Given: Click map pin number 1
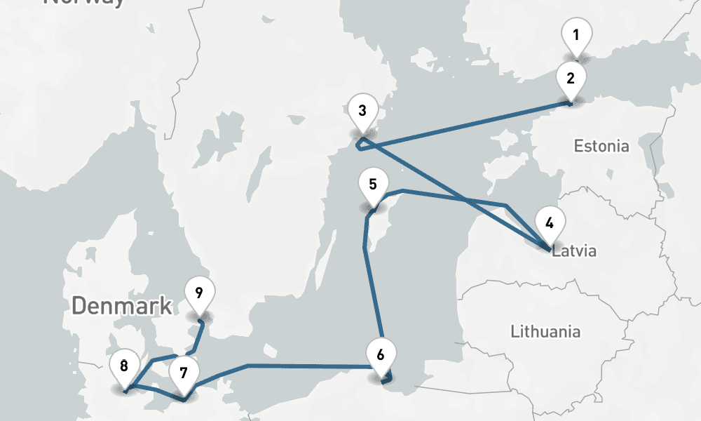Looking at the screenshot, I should [576, 36].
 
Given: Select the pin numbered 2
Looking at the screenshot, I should [571, 79].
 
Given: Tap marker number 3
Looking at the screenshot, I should [362, 112].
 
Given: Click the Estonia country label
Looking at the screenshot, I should [601, 147].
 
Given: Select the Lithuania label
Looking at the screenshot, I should [545, 331].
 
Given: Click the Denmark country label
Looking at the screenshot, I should [121, 305].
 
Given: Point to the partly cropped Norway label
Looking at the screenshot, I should [84, 2].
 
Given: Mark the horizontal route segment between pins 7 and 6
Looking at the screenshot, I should [308, 366].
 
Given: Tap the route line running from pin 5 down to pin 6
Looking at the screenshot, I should [373, 295].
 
